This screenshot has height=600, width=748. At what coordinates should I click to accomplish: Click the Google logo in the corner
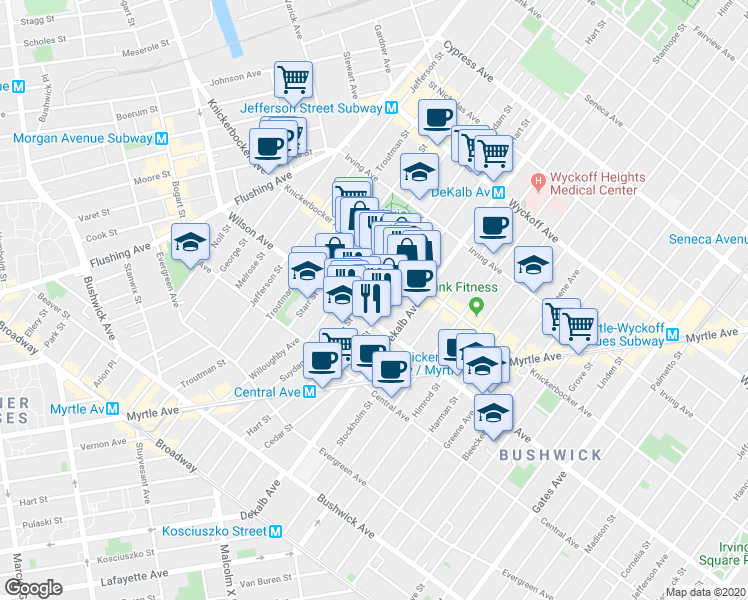click(x=32, y=588)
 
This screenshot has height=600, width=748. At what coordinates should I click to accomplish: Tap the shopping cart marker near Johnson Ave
click(x=293, y=78)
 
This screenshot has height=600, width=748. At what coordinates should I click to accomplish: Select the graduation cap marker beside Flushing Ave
click(x=189, y=242)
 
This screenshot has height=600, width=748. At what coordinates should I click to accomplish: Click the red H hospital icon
click(x=539, y=181)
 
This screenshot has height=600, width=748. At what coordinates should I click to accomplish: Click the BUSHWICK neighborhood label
click(x=551, y=455)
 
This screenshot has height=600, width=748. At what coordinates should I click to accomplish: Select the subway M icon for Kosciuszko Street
click(x=275, y=532)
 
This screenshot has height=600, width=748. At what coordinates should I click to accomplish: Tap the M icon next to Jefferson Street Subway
click(x=392, y=108)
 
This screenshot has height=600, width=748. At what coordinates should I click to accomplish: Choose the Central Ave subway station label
click(x=267, y=391)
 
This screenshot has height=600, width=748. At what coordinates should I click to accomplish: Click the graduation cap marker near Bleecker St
click(x=493, y=411)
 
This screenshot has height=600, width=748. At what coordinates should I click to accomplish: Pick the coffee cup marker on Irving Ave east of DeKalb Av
click(x=491, y=227)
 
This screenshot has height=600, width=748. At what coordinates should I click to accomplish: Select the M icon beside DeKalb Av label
click(x=497, y=191)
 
